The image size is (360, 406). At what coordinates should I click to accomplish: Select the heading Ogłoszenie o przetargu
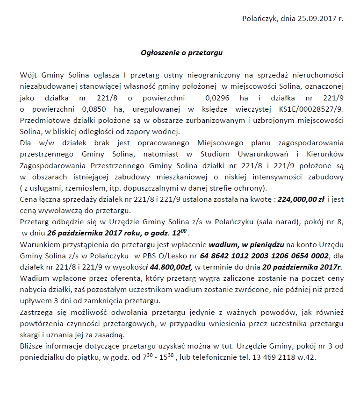(182, 53)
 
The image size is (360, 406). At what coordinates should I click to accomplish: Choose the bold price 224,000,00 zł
(301, 199)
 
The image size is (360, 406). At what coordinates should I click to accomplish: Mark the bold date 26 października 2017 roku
(94, 233)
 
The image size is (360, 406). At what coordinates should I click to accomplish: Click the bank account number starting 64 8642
(265, 256)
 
